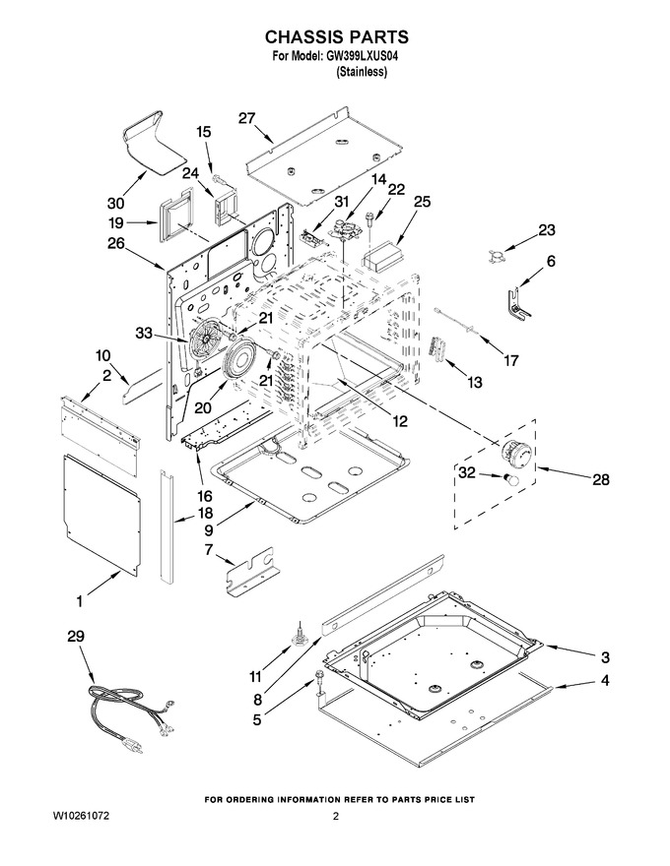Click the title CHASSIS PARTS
coord(337,36)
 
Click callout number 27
coord(246,118)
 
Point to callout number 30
coord(115,204)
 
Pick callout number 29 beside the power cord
coord(76,637)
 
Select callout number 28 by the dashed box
coord(600,479)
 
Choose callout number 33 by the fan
coord(144,333)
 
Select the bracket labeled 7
coord(251,572)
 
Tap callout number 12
coord(399,421)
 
